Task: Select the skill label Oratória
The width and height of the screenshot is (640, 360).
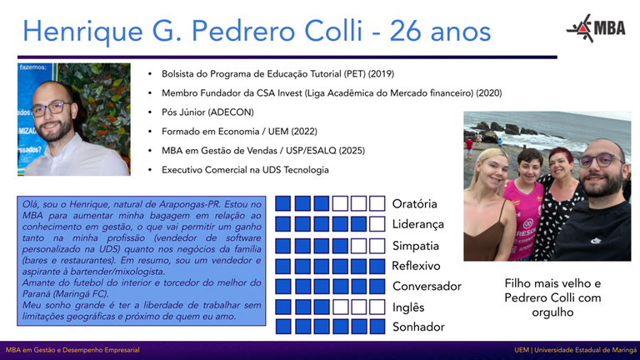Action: [x=415, y=203]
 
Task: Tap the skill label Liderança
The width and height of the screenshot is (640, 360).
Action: [x=418, y=224]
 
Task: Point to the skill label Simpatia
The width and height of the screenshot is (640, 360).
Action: [x=416, y=246]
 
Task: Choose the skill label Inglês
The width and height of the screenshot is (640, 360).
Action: [x=408, y=307]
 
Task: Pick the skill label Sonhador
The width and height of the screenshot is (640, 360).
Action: [x=418, y=327]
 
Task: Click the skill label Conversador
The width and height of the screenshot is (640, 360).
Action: [x=427, y=287]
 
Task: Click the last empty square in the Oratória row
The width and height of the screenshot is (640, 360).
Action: [x=377, y=204]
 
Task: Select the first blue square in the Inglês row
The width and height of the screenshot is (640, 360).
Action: [x=283, y=307]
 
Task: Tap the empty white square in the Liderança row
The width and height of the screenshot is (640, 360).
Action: [x=377, y=224]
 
